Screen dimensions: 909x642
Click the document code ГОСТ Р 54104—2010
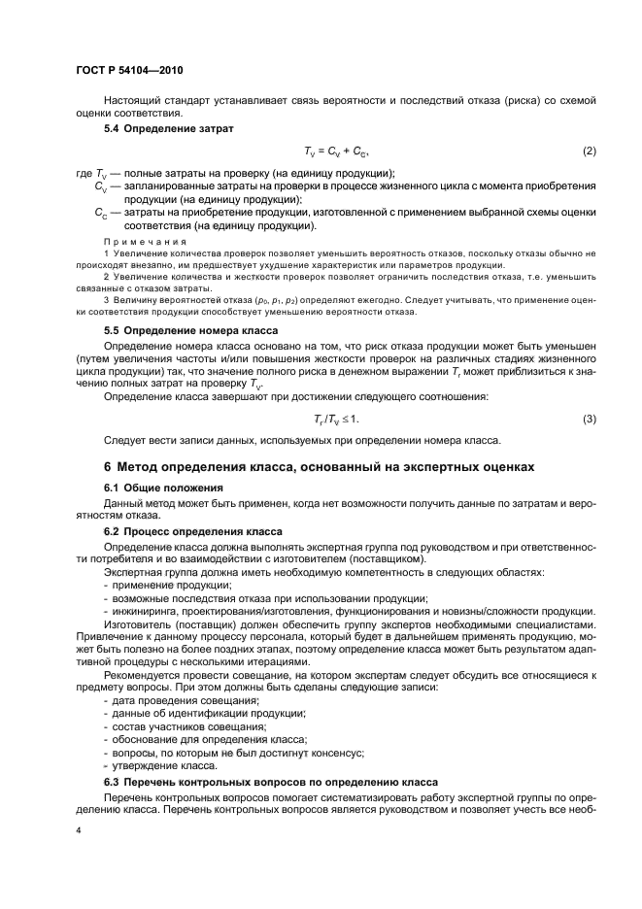[x=128, y=71]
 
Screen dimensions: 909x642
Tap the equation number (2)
[x=588, y=152]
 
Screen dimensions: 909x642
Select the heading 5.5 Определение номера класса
[x=191, y=329]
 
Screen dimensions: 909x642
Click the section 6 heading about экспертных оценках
[x=319, y=467]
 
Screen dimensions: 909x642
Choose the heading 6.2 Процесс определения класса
[x=193, y=532]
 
